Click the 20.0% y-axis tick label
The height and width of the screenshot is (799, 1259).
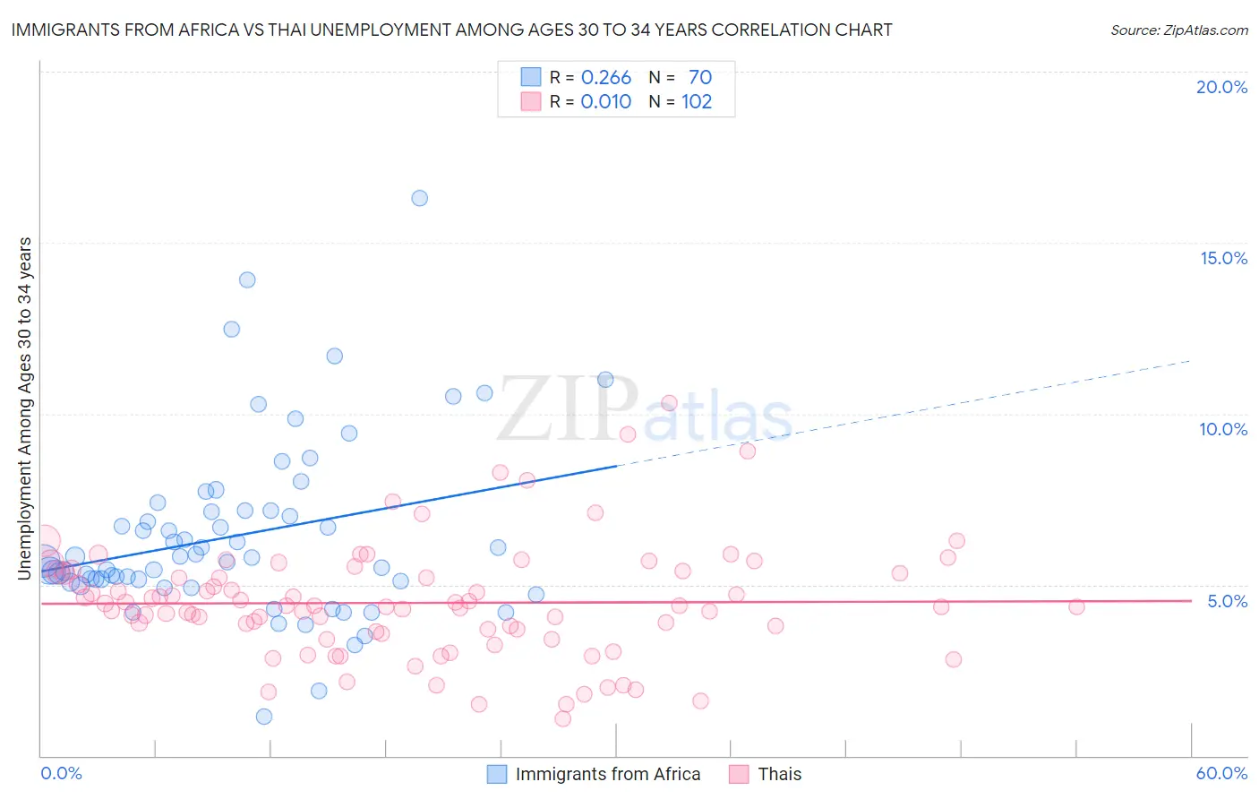(x=1221, y=87)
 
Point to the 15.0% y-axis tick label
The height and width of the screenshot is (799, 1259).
(x=1223, y=258)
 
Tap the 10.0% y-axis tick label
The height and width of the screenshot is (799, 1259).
(x=1223, y=429)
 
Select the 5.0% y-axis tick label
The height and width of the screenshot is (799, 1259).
(x=1227, y=601)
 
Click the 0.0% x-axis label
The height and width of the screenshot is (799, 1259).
(x=61, y=773)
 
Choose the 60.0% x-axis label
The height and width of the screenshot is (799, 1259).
(x=1221, y=773)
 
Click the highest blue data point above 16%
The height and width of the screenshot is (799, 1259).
(x=419, y=198)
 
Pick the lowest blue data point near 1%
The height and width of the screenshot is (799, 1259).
(x=263, y=717)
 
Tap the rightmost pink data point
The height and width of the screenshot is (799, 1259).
(x=1076, y=606)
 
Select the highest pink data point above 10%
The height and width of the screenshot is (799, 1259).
(x=668, y=403)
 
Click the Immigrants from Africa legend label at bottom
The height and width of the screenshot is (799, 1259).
(x=607, y=774)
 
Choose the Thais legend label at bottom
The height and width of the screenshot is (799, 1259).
(x=779, y=774)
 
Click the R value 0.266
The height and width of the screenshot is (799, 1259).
(x=606, y=78)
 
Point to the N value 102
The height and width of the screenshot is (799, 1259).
(x=697, y=102)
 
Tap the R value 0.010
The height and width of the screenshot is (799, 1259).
(x=606, y=102)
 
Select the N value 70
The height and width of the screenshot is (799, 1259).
(x=700, y=78)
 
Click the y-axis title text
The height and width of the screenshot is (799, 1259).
(x=25, y=408)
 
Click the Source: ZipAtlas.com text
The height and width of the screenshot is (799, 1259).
(x=1178, y=30)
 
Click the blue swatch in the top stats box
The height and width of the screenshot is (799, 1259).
(x=531, y=77)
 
